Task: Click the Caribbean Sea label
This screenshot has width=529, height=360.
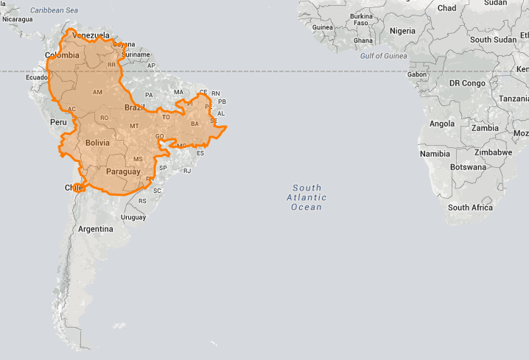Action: click(53, 10)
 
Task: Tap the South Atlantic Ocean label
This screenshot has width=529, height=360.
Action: click(306, 197)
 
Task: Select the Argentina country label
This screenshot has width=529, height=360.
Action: click(97, 229)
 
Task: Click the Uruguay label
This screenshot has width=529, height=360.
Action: click(133, 217)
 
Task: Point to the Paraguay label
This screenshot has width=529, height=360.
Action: click(123, 172)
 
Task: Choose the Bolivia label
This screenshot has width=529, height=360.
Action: click(97, 143)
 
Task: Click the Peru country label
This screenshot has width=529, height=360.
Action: click(58, 121)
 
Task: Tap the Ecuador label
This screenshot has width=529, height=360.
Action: click(37, 77)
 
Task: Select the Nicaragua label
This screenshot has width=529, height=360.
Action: click(17, 19)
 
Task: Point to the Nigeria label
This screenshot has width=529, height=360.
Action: click(402, 32)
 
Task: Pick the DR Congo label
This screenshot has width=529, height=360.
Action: click(467, 83)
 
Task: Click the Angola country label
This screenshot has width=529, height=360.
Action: click(442, 124)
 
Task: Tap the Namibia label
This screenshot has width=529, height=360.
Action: click(435, 154)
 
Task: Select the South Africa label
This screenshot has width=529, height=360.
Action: click(470, 208)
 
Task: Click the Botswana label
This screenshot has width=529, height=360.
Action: click(468, 167)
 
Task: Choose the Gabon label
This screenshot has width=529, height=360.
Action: click(417, 74)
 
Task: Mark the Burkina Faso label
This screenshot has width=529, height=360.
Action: click(362, 18)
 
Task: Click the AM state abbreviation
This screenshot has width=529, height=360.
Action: click(97, 93)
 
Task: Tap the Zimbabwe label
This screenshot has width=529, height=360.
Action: click(493, 152)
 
